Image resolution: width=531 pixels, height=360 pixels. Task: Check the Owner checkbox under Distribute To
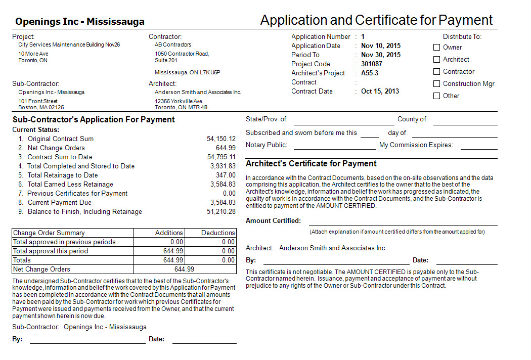point(436,47)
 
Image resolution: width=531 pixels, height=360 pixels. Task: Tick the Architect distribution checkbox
point(436,59)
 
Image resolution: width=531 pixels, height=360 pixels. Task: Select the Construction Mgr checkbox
point(436,83)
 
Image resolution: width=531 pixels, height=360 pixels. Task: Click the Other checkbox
point(436,96)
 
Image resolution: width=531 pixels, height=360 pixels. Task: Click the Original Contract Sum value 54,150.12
point(221,139)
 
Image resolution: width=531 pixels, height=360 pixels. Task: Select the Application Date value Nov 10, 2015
point(380,46)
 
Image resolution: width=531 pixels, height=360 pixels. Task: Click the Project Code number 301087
point(372,64)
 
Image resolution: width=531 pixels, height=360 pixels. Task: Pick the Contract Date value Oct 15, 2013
point(380,91)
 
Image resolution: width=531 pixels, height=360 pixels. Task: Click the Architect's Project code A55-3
point(370,73)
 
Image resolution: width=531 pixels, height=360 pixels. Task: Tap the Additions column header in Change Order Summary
point(169,233)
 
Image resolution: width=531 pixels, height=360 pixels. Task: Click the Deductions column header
point(218,233)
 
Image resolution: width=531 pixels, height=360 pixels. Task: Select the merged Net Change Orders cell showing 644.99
point(184,269)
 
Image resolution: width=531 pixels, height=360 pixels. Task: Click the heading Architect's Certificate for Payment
point(311,163)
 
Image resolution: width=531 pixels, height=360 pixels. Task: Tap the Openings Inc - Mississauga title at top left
point(80,21)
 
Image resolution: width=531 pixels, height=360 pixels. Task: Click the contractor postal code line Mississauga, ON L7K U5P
point(188,72)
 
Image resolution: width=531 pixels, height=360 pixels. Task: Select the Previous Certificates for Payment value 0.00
point(229,193)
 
